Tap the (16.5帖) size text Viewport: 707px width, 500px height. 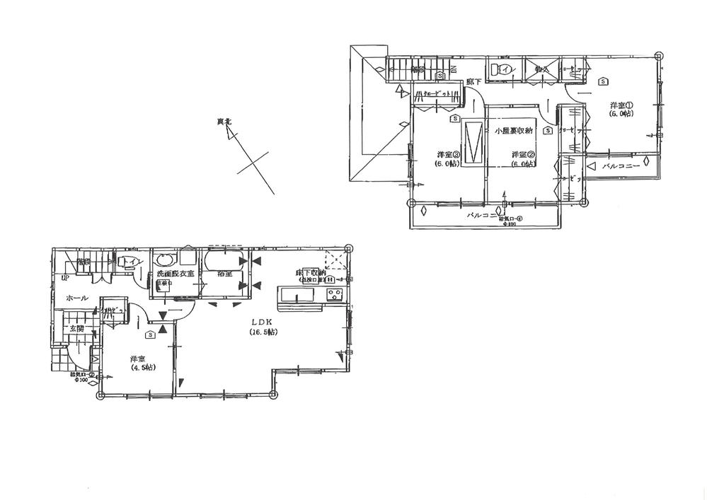pos(263,332)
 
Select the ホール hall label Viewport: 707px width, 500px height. pos(76,298)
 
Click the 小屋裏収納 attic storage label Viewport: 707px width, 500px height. pos(513,131)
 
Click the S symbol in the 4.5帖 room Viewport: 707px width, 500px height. pos(151,334)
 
